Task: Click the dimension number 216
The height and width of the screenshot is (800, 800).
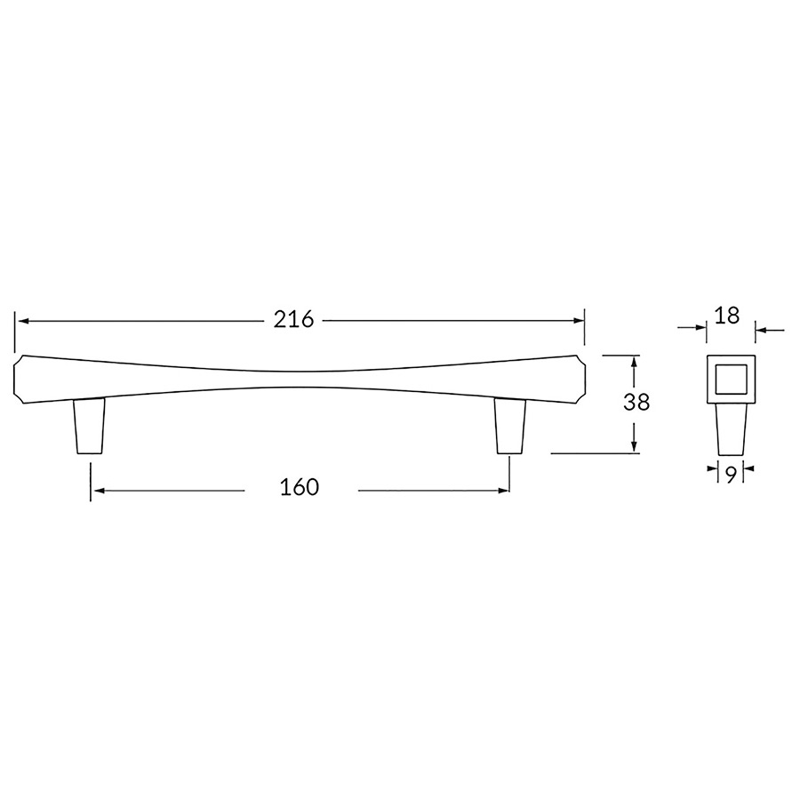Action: (293, 320)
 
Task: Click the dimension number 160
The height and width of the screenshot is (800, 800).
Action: (300, 487)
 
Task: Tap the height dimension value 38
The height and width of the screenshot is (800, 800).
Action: (636, 402)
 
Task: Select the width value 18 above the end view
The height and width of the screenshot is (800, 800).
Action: (727, 316)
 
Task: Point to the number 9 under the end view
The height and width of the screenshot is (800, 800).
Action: (729, 476)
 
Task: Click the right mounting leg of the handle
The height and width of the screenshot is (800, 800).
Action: (509, 427)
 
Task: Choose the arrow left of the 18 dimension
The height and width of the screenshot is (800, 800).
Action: (700, 330)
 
